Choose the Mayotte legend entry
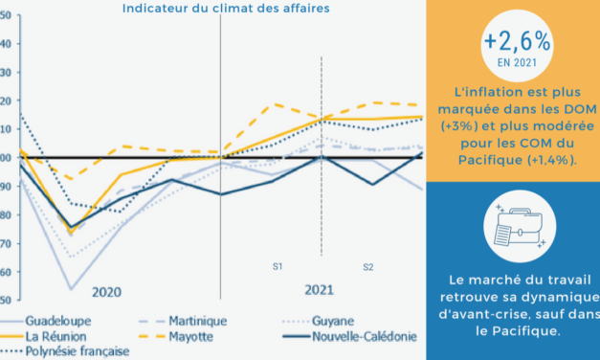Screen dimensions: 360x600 point(190,336)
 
